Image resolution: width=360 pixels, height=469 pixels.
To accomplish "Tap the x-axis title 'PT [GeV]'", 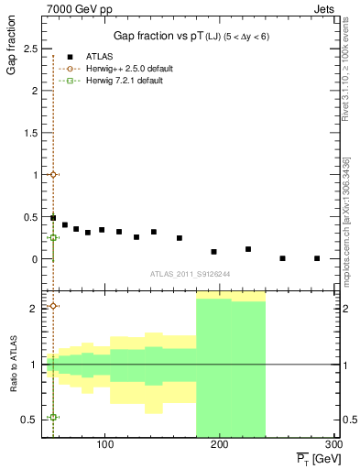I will (x=311, y=456).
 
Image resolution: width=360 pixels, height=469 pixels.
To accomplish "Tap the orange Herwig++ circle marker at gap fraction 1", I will (x=54, y=174).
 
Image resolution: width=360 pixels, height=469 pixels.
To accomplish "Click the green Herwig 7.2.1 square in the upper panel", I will (x=54, y=237).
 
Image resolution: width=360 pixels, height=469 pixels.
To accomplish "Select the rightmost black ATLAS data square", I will (x=317, y=258).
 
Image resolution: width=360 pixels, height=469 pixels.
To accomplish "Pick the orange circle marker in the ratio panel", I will (x=54, y=306).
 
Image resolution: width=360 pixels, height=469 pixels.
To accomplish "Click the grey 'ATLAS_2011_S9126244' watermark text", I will (x=191, y=273).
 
